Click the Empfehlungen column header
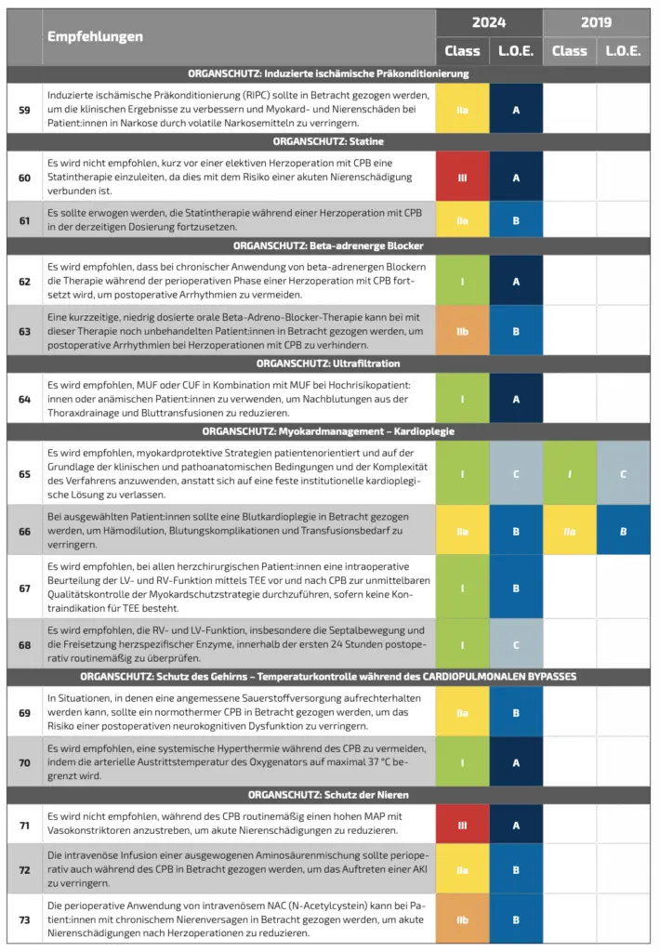(x=96, y=36)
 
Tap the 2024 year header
(x=489, y=21)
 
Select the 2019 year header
(x=596, y=21)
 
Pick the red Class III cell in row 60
(x=462, y=177)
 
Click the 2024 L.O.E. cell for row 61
(x=515, y=220)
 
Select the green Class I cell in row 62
(x=462, y=281)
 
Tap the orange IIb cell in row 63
(x=462, y=329)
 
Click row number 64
(x=24, y=399)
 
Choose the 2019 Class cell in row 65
(x=569, y=473)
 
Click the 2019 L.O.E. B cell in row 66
(x=623, y=532)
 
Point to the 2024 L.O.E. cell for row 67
(x=515, y=587)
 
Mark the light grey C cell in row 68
(x=515, y=643)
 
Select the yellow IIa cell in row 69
(x=462, y=712)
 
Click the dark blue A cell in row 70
(x=515, y=761)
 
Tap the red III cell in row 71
(x=462, y=825)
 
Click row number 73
(x=24, y=919)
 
